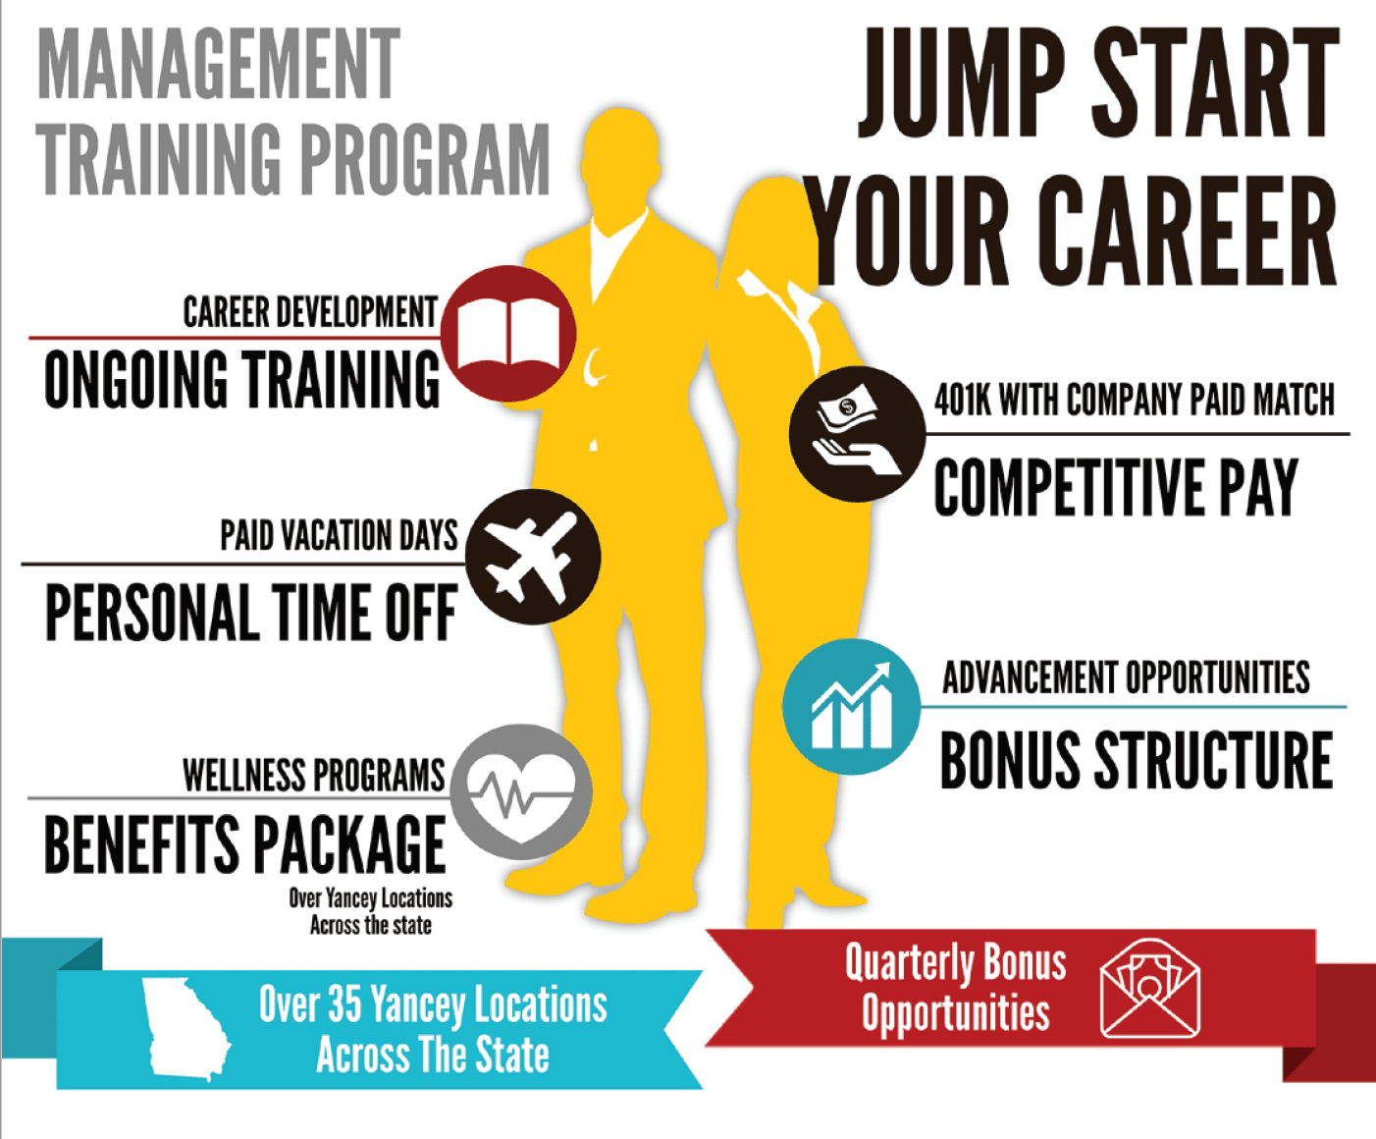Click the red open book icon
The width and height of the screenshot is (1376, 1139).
pos(508,334)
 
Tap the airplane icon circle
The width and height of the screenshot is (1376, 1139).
pos(533,557)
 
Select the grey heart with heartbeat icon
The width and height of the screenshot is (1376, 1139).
pos(521,792)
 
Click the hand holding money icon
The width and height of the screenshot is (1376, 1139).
pos(858,434)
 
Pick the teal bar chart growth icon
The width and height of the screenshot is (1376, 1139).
pos(852,706)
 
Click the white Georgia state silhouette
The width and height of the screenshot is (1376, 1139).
pos(186,1030)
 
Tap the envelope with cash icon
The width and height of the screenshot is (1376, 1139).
pos(1150,988)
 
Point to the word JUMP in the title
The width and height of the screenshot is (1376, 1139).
pos(962,81)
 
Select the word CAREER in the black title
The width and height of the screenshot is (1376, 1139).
pos(1191,231)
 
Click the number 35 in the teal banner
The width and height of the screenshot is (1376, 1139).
pos(345,1003)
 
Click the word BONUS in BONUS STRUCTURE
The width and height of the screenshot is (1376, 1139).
pos(1010,760)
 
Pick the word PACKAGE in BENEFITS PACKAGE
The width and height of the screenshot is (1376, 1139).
pos(349,844)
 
